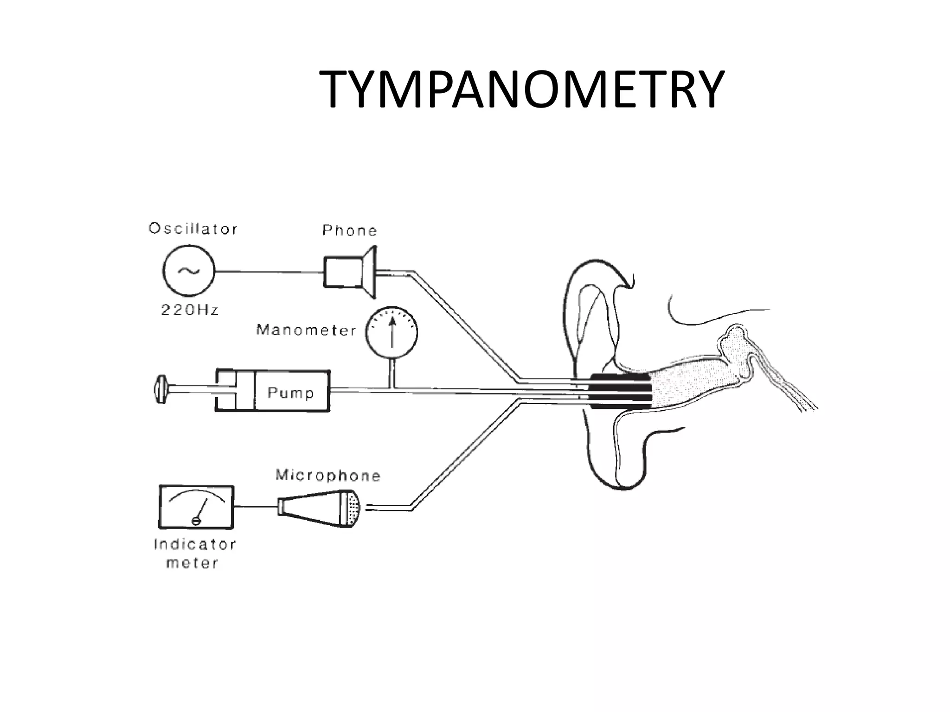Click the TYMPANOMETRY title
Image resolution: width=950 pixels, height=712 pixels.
[x=521, y=90]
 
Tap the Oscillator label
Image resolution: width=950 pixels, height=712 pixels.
[x=193, y=229]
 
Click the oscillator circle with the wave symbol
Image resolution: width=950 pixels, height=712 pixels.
[x=189, y=271]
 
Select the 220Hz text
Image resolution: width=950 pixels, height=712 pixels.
[x=190, y=310]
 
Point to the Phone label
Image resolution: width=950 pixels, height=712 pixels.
[x=350, y=230]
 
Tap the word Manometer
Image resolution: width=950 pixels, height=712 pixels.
[x=306, y=330]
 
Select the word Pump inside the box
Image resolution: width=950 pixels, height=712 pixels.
[x=291, y=393]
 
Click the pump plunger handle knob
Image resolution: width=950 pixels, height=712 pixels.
[x=160, y=389]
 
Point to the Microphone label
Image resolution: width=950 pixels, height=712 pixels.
[x=328, y=476]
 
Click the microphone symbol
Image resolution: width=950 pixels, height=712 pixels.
[x=320, y=509]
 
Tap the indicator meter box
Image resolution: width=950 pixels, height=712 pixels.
[x=196, y=507]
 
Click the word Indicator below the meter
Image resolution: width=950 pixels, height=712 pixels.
[x=195, y=544]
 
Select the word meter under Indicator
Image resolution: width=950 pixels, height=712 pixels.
[x=192, y=563]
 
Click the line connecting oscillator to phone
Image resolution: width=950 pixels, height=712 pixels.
[x=269, y=272]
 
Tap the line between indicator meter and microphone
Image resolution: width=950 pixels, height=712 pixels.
[x=255, y=507]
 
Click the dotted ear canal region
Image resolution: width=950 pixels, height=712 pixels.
[x=687, y=385]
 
